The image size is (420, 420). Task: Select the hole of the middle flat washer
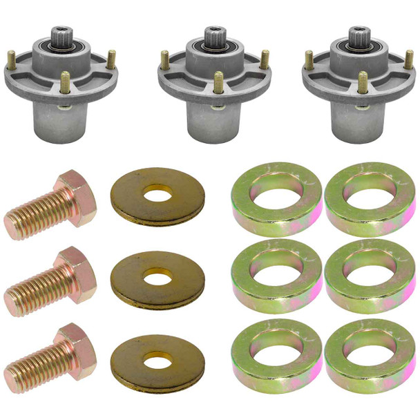(x=159, y=278)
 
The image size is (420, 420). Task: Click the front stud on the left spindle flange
(x=65, y=82)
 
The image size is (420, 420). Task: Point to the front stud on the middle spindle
(x=218, y=83)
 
